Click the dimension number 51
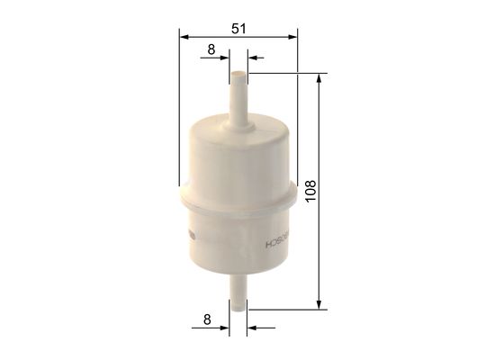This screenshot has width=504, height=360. tap(238, 28)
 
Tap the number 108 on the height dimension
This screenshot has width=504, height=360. tap(310, 190)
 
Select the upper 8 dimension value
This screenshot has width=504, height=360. tap(211, 50)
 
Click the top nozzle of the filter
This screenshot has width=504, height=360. tap(238, 94)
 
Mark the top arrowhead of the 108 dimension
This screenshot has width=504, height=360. tap(319, 79)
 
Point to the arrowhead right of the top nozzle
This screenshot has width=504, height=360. tap(253, 58)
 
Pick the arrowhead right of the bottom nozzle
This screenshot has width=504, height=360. tap(253, 328)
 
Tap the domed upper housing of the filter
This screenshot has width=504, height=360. tap(238, 153)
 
